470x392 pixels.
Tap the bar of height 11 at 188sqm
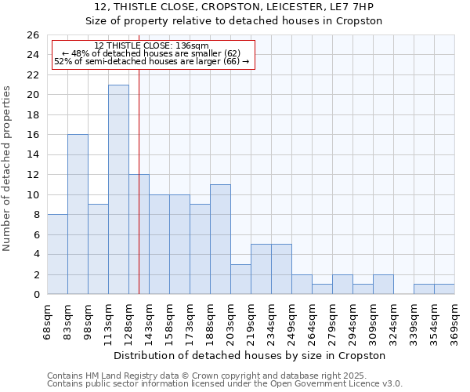tap(220, 239)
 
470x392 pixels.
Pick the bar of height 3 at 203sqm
tap(240, 279)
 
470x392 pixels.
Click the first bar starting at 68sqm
tap(57, 254)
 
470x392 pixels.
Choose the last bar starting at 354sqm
tap(444, 289)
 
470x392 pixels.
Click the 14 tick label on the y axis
tap(34, 155)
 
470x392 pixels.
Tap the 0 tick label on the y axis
tap(36, 295)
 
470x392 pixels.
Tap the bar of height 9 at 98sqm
tap(98, 249)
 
